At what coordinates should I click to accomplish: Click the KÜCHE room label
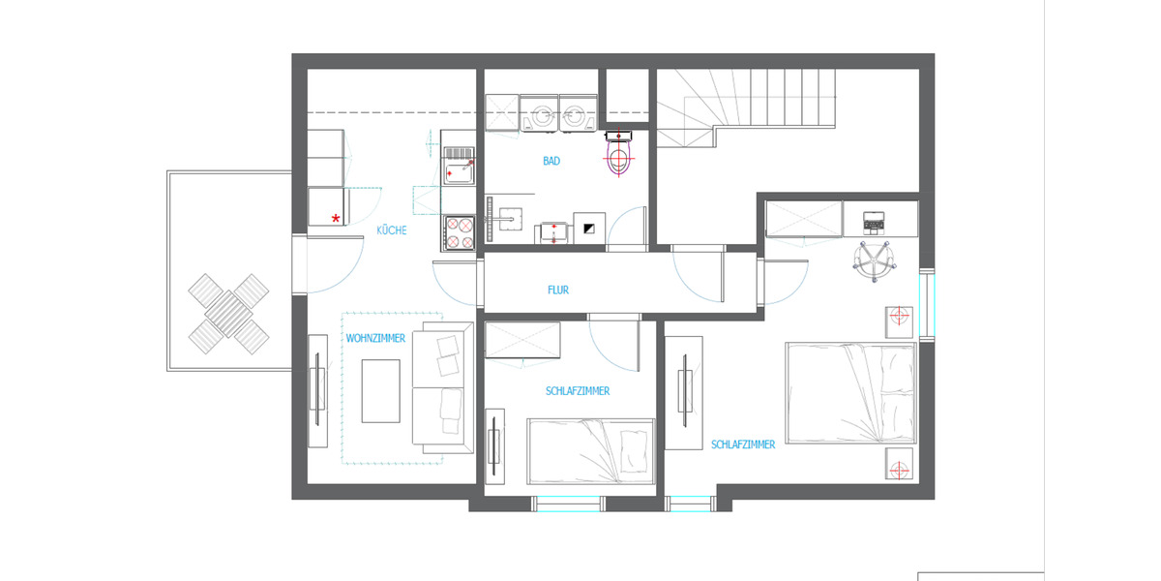click(x=391, y=230)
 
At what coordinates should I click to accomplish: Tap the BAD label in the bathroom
click(x=551, y=162)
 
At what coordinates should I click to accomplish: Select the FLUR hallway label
click(x=557, y=290)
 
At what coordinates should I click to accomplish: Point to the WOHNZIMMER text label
click(x=374, y=339)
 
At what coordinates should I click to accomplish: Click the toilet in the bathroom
click(x=617, y=158)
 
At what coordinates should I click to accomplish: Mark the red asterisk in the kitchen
click(x=336, y=219)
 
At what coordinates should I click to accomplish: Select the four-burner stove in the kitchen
click(x=458, y=231)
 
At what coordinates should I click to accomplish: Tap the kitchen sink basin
click(x=457, y=171)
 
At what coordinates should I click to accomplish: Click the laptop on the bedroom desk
click(x=874, y=223)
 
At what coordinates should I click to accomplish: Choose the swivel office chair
click(x=875, y=261)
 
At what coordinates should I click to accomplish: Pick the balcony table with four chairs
click(x=228, y=314)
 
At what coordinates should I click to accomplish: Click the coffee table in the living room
click(x=380, y=390)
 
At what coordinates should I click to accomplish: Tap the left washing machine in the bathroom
click(x=539, y=114)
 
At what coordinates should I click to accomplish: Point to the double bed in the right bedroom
click(x=850, y=392)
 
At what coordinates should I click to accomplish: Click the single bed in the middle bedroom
click(x=591, y=450)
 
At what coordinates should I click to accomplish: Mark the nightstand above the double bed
click(x=900, y=319)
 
